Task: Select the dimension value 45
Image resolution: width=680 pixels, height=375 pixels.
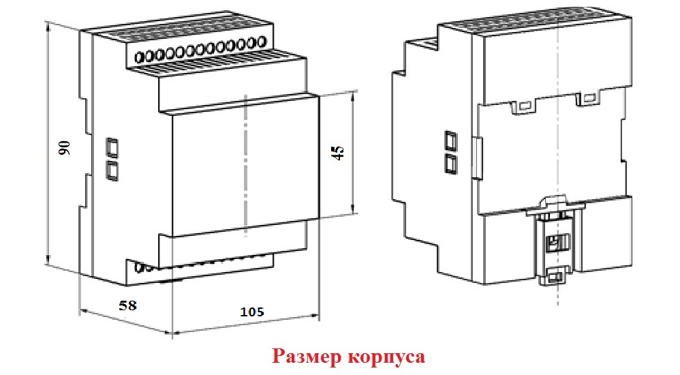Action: pos(339,152)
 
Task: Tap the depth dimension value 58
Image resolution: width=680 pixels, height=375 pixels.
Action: pos(127,305)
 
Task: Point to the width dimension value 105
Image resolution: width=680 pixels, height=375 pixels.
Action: pos(252,312)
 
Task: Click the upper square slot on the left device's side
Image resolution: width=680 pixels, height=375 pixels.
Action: pos(112,147)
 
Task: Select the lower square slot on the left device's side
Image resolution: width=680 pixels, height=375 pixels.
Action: pos(112,170)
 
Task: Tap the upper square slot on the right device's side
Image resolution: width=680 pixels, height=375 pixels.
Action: pos(450,141)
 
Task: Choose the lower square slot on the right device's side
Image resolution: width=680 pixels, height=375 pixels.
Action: pos(450,164)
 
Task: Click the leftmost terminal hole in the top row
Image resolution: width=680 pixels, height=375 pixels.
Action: pos(140,57)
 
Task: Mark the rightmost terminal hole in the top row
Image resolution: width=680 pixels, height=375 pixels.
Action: pos(261,42)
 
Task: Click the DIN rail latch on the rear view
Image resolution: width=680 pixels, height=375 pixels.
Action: pos(555,241)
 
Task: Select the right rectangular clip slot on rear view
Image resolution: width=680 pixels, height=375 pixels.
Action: pos(588,97)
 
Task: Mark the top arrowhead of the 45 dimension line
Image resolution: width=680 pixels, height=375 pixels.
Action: pos(353,95)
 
